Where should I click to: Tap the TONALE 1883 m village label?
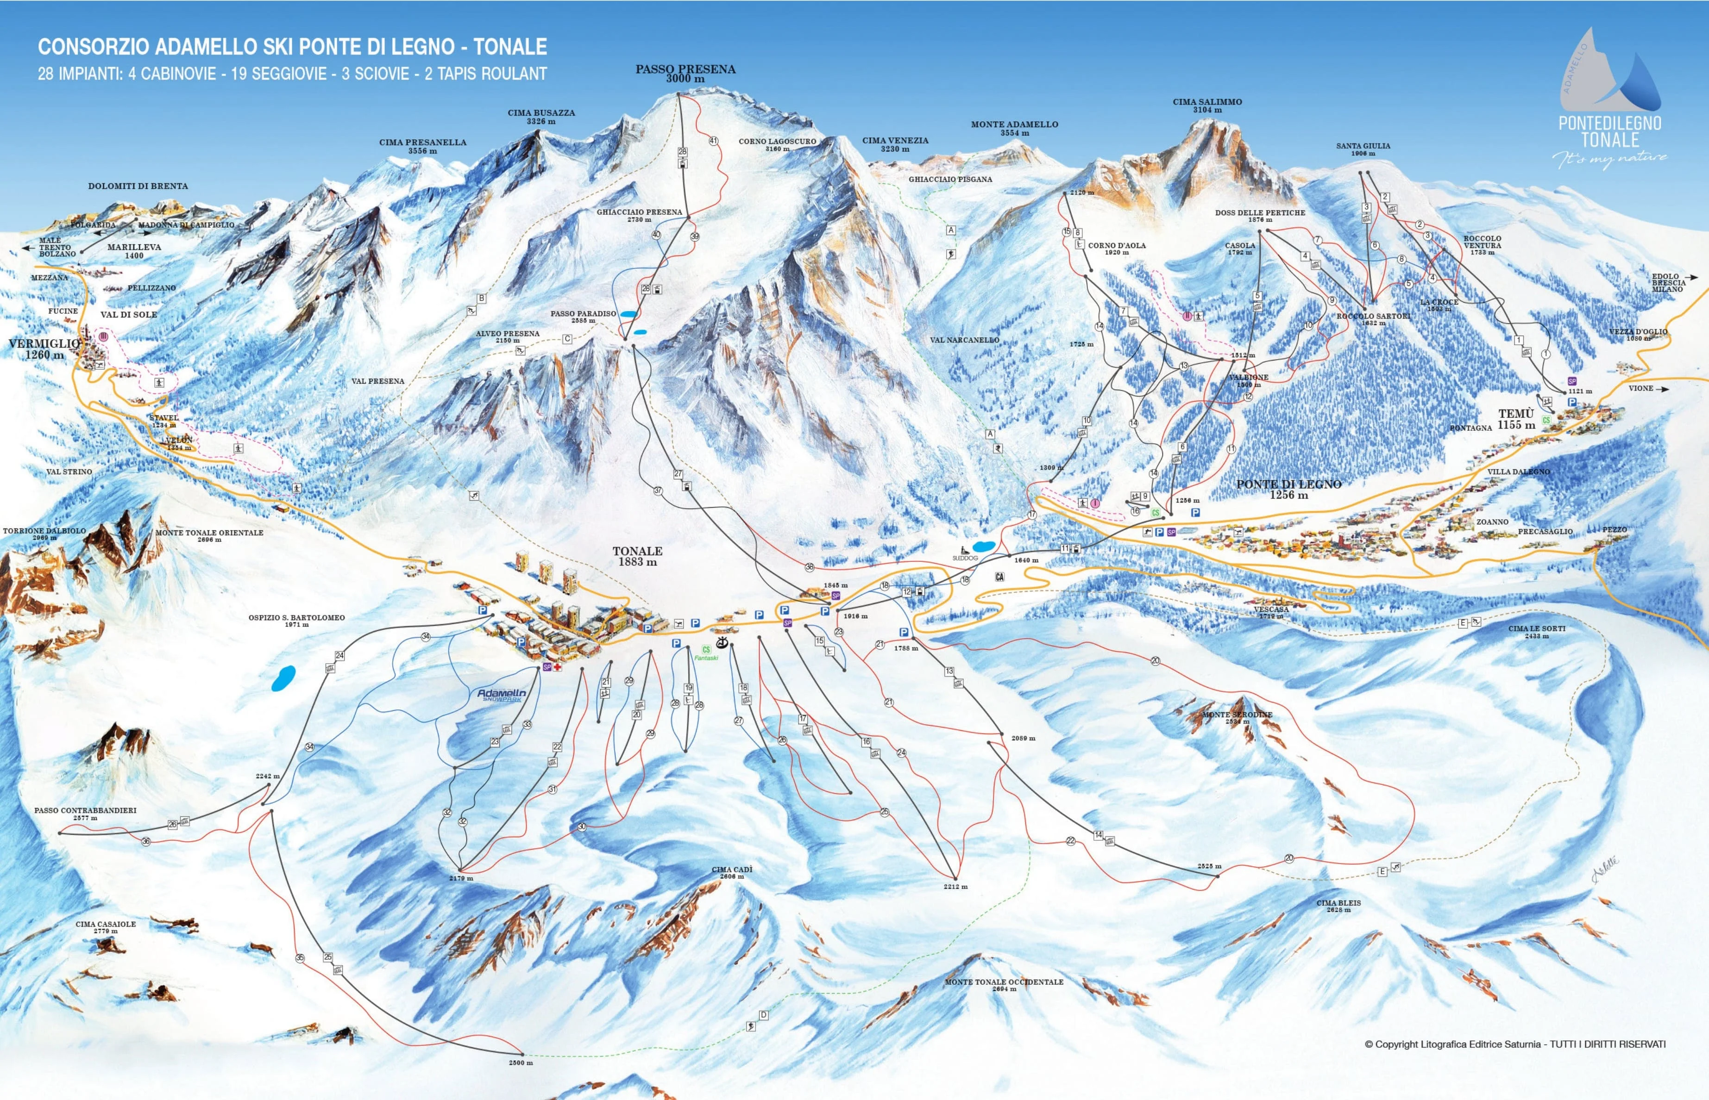click(637, 556)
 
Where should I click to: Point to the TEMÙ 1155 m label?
click(1515, 419)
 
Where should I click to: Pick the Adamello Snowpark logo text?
click(502, 694)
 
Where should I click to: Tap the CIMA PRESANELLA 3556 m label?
click(422, 146)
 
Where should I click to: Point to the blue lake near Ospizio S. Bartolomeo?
click(283, 678)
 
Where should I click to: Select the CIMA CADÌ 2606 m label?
click(731, 873)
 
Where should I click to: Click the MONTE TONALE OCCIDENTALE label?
click(1004, 985)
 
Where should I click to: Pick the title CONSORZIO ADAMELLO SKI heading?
click(292, 47)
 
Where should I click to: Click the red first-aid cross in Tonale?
click(558, 667)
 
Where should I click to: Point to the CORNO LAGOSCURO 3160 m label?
click(777, 145)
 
